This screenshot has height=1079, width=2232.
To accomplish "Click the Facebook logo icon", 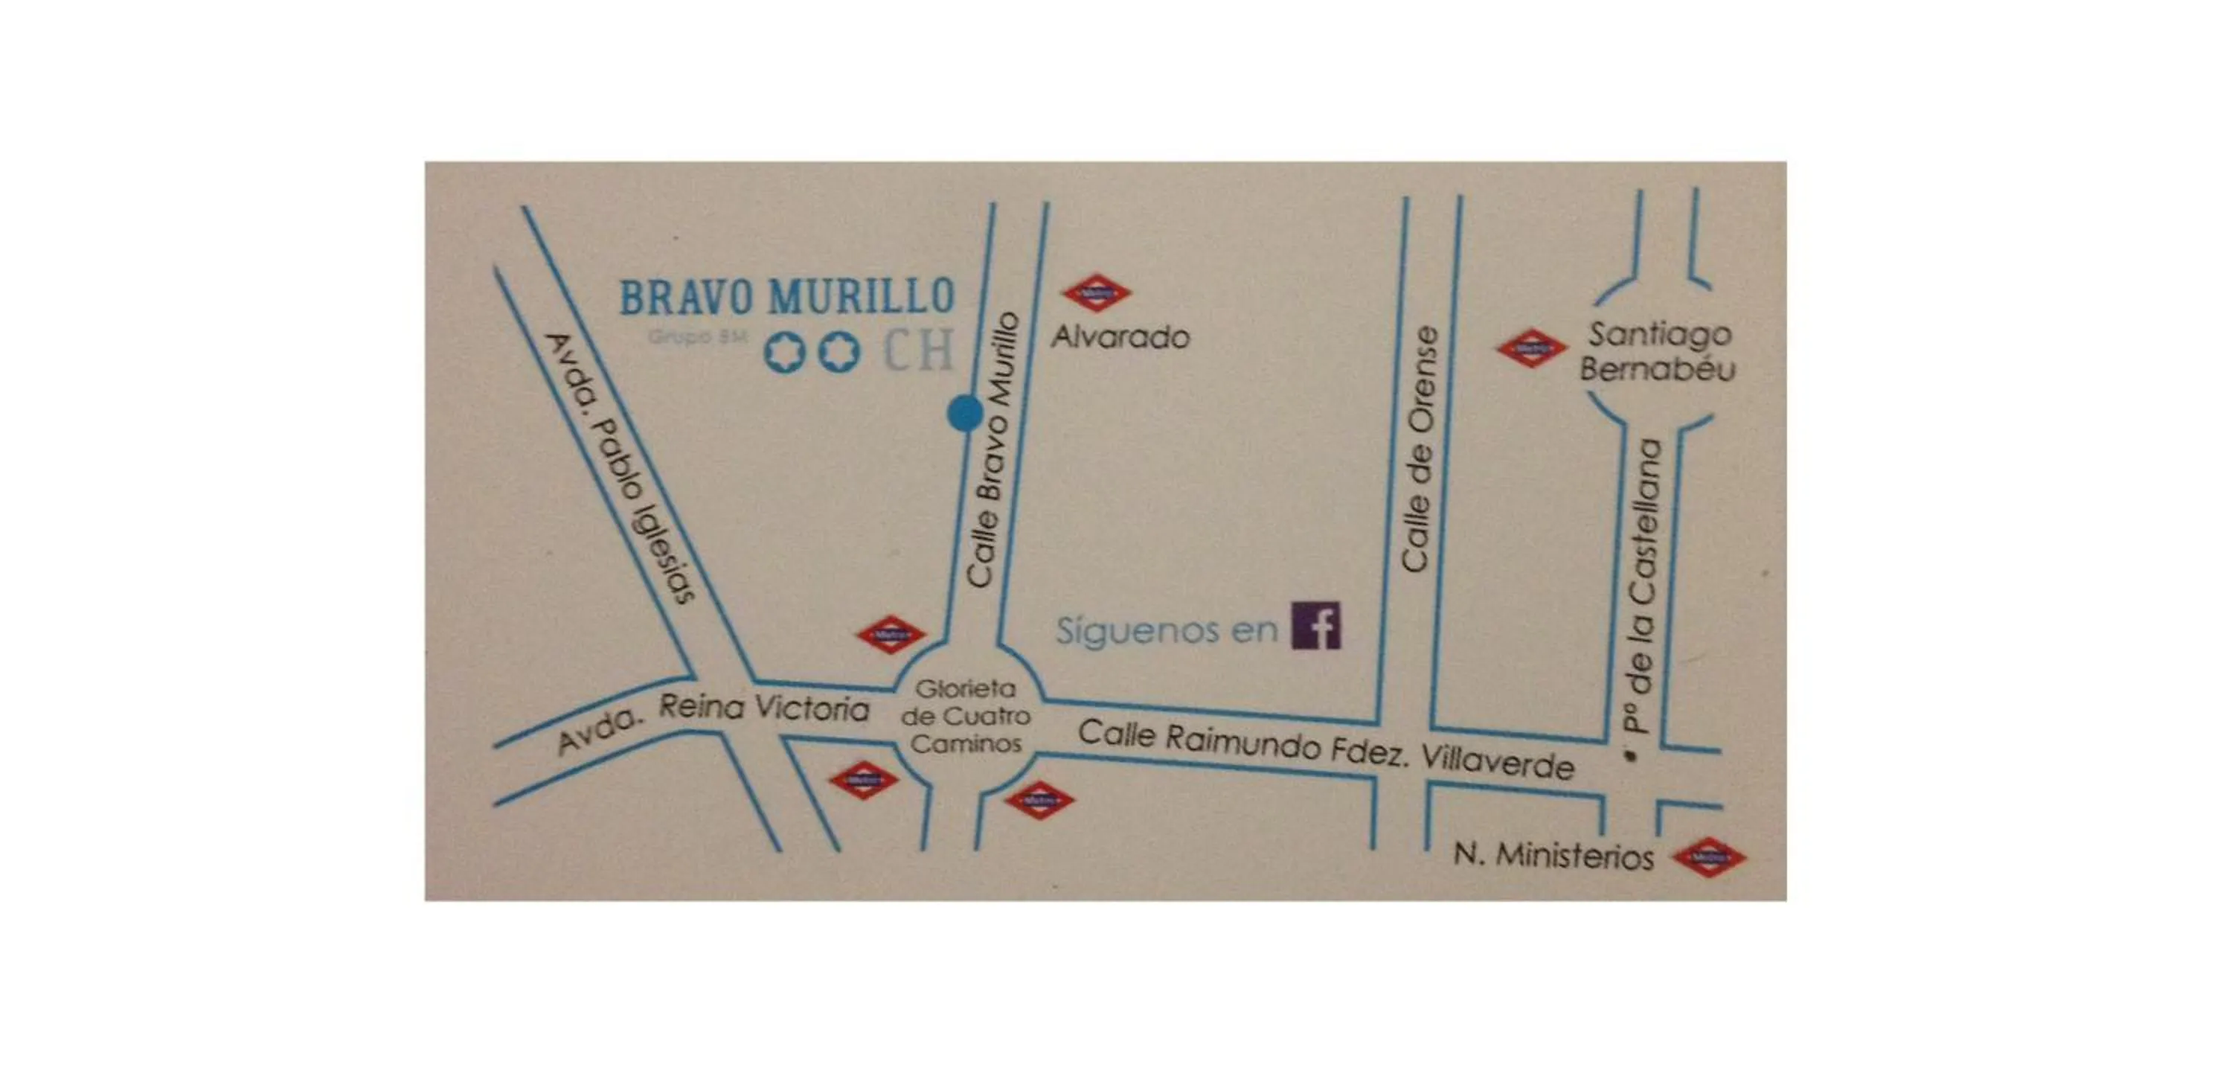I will [x=1315, y=626].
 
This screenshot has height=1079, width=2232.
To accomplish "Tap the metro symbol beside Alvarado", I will [x=1096, y=294].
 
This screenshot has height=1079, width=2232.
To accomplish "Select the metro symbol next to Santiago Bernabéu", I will [x=1531, y=348].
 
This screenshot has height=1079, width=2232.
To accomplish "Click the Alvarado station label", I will [x=1120, y=336].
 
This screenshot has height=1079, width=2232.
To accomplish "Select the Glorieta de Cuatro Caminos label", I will [x=965, y=717].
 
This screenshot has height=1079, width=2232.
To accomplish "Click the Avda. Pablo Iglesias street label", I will [x=620, y=468].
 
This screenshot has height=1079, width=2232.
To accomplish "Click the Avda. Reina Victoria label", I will [x=712, y=721].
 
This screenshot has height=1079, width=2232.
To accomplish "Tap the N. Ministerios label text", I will [x=1553, y=856].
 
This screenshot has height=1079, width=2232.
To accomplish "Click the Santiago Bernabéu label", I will [x=1658, y=351].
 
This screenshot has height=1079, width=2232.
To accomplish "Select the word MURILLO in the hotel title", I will [x=862, y=297].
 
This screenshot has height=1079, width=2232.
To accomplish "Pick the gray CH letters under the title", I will [x=917, y=350].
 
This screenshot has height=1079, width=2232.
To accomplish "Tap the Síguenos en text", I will [x=1167, y=630].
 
